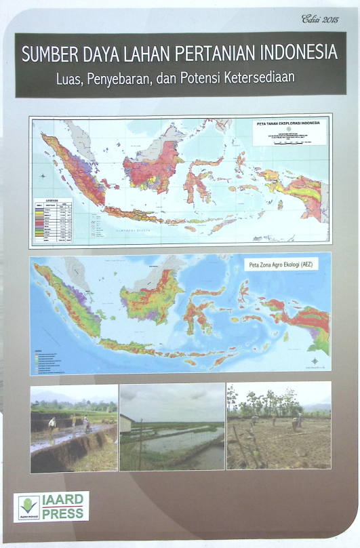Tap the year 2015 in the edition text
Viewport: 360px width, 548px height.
[x=332, y=20]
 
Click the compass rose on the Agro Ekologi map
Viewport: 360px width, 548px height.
[x=314, y=360]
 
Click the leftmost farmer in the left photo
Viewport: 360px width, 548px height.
[x=53, y=424]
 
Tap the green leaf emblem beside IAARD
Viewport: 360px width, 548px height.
[x=28, y=505]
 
